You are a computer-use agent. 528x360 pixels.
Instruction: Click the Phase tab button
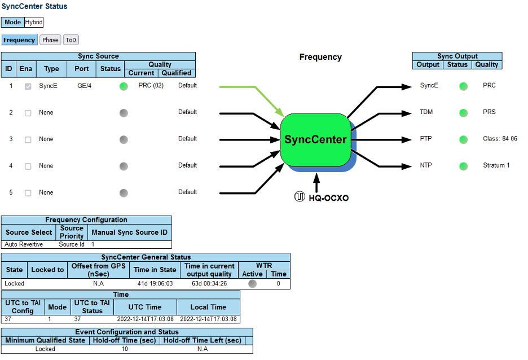[x=50, y=40]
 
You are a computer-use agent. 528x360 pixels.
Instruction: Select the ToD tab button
[x=71, y=40]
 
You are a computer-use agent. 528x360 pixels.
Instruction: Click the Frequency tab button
[x=19, y=40]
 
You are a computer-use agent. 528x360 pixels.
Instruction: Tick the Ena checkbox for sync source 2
[x=28, y=113]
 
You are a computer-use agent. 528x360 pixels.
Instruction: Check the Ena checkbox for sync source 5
[x=28, y=193]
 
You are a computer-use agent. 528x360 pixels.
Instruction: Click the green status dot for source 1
[x=124, y=86]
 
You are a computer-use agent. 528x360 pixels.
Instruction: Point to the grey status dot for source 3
[x=124, y=139]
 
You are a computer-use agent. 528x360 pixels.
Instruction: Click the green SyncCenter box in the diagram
[x=315, y=139]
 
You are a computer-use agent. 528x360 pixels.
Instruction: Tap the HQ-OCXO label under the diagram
[x=328, y=198]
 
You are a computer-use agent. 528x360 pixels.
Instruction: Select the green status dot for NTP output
[x=464, y=166]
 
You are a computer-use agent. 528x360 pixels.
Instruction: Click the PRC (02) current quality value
[x=151, y=86]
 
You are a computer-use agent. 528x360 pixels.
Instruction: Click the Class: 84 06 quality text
[x=500, y=139]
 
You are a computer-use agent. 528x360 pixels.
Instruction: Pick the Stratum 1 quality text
[x=496, y=165]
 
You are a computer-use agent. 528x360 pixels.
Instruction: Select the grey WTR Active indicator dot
[x=252, y=284]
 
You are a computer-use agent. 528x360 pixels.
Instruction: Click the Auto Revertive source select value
[x=24, y=244]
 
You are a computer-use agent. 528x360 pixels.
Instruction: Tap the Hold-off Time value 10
[x=125, y=349]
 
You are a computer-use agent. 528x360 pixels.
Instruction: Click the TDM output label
[x=426, y=112]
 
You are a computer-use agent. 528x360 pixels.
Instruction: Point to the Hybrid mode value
[x=34, y=23]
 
